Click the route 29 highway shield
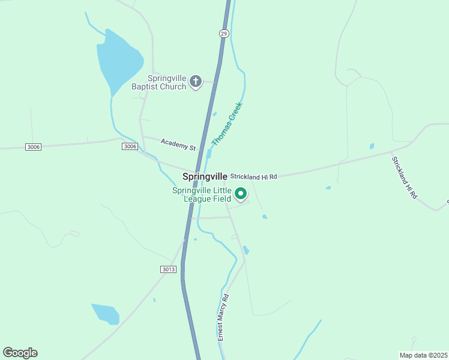[x=224, y=34]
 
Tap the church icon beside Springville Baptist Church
[x=195, y=82]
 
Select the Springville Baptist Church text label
[x=159, y=82]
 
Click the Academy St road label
[x=178, y=144]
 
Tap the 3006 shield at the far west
[x=34, y=147]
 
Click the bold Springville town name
[x=205, y=176]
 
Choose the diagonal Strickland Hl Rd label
[x=404, y=178]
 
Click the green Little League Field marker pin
[x=241, y=194]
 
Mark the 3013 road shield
[x=169, y=269]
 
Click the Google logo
[x=20, y=352]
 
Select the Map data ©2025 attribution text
[x=423, y=355]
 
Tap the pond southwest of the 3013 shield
[x=105, y=313]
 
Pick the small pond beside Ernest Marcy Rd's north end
[x=246, y=250]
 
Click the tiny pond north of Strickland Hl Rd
[x=372, y=146]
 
